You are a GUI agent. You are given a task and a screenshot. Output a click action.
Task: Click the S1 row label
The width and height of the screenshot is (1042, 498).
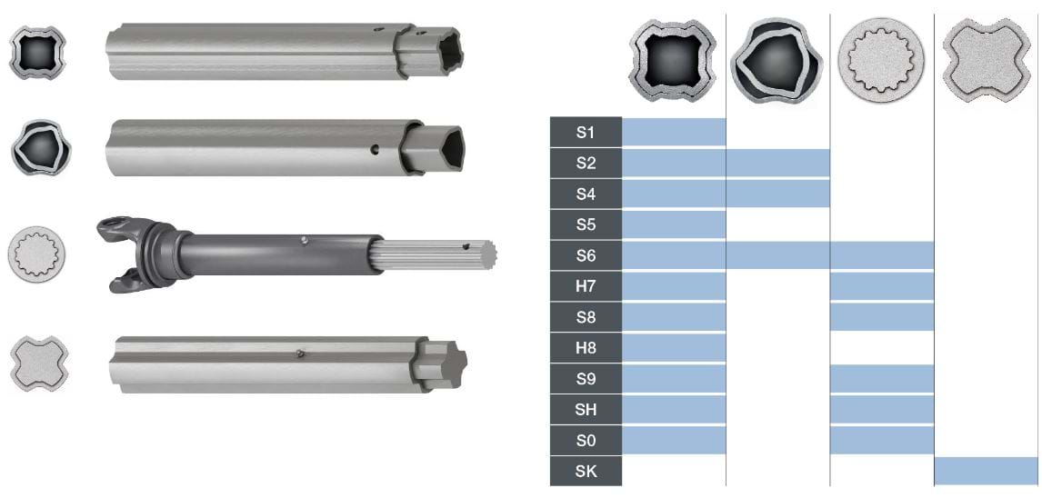coord(586,132)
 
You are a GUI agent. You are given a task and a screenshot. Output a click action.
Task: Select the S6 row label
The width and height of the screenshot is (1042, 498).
coord(586,255)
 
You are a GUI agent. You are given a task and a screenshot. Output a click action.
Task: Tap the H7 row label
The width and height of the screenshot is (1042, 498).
coord(586,286)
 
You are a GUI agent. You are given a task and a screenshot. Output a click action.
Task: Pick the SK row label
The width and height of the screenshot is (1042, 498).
coord(586,472)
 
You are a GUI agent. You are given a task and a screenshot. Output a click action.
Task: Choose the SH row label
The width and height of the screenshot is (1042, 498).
coord(586,410)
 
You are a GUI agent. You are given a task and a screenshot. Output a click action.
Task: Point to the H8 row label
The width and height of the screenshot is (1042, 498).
coord(586,348)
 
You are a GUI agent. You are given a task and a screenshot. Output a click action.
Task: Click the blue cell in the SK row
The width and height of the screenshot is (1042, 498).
coord(986,472)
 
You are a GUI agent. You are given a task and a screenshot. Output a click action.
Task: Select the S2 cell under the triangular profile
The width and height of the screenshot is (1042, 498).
coord(778,164)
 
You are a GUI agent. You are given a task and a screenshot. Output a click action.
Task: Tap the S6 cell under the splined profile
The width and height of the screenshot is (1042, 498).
coord(882,255)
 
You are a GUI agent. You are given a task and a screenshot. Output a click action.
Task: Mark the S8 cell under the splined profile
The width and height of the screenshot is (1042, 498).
coord(882,317)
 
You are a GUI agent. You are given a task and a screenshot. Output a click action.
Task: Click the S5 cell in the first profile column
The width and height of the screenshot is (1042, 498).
coord(674,224)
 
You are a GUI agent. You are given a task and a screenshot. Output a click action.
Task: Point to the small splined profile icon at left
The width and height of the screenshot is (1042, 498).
coord(32,253)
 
